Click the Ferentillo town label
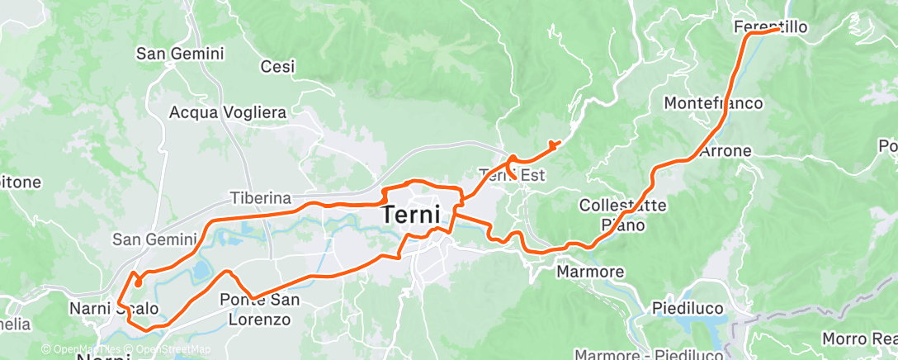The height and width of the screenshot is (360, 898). click(770, 27)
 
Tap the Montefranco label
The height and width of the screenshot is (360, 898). click(713, 103)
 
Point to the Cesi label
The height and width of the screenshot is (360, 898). click(277, 67)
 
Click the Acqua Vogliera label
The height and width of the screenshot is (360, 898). click(227, 111)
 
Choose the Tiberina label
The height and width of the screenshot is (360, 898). click(260, 198)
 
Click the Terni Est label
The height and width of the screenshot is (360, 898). click(513, 174)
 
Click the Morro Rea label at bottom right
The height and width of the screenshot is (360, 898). click(859, 339)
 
